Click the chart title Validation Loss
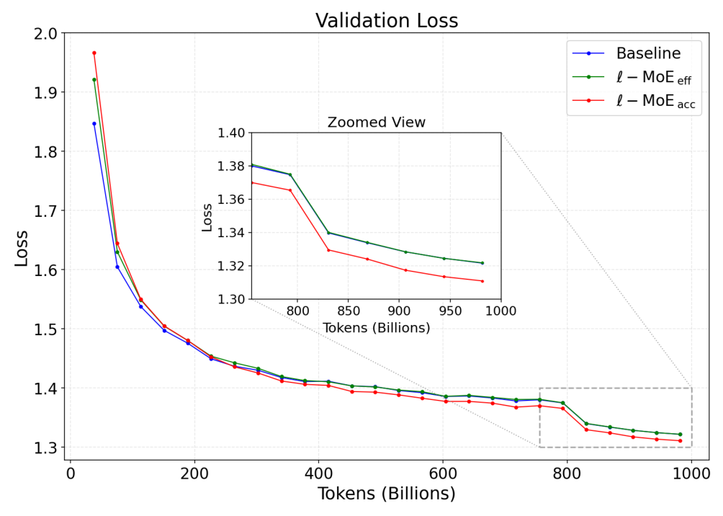[x=387, y=21]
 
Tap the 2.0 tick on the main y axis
[x=45, y=34]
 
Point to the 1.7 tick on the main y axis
[x=45, y=211]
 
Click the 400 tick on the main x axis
[x=318, y=473]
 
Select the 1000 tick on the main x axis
[x=691, y=473]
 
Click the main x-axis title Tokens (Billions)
[x=387, y=494]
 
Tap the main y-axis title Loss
[x=21, y=248]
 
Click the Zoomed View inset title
[x=376, y=123]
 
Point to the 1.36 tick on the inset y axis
[x=231, y=200]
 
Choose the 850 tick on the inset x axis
[x=349, y=311]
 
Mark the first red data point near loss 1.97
[x=94, y=53]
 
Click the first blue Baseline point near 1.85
[x=94, y=124]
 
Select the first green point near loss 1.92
[x=94, y=80]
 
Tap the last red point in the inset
[x=482, y=281]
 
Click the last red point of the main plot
[x=680, y=441]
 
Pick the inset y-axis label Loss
[x=207, y=217]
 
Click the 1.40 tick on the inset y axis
[x=231, y=133]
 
